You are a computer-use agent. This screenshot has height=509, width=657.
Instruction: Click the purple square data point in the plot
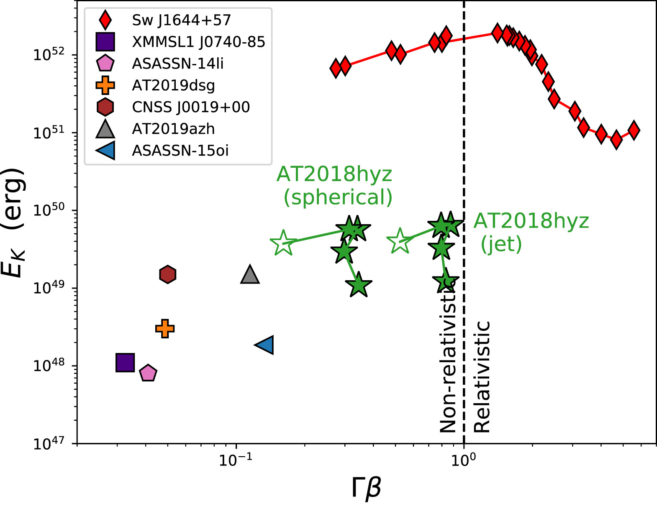point(125,362)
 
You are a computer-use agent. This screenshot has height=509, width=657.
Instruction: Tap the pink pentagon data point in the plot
point(148,373)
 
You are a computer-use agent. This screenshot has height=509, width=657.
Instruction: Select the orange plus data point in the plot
point(165,328)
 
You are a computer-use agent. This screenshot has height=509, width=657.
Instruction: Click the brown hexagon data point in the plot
point(168,274)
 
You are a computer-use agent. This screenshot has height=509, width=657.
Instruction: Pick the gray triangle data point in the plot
point(250,275)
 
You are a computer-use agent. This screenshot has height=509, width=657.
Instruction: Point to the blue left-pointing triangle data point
point(265,345)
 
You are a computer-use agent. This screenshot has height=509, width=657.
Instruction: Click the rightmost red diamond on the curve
point(634,130)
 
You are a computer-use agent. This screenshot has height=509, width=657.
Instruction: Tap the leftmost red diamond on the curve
point(336,68)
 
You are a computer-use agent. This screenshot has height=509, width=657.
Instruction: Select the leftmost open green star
point(283,243)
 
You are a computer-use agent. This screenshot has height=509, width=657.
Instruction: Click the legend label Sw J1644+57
point(182,20)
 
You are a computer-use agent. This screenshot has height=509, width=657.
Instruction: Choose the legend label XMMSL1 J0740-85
point(199,42)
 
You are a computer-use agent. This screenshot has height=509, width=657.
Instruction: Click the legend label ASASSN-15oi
point(180,151)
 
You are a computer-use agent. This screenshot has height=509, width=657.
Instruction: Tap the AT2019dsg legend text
point(174,85)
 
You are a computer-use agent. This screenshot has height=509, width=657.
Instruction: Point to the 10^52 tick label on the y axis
point(49,54)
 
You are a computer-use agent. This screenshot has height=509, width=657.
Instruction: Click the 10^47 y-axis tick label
point(49,443)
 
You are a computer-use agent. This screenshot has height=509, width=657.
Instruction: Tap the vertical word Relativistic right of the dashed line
point(482,377)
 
